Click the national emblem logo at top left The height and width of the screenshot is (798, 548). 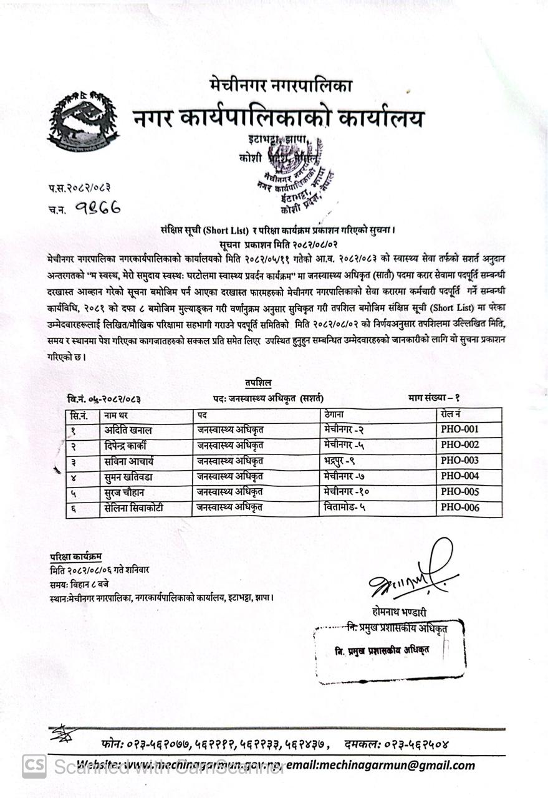[x=83, y=122]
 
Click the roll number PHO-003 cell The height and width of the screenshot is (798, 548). [x=459, y=461]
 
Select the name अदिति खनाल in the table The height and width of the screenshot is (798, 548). [x=128, y=430]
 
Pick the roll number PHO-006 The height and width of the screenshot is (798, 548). [x=459, y=507]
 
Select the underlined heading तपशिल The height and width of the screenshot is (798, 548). [x=257, y=382]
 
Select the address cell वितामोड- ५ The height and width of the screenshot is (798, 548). [x=345, y=507]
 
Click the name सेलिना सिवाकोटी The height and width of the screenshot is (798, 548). [x=134, y=507]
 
